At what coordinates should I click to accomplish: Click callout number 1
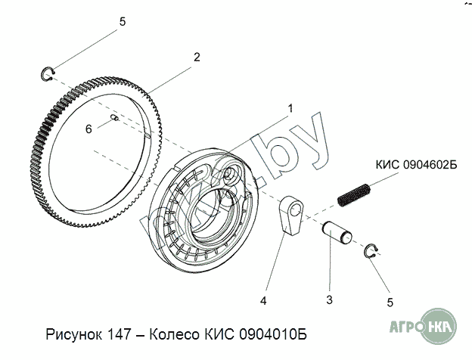290,108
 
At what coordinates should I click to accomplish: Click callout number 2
197,57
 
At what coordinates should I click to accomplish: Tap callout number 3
329,299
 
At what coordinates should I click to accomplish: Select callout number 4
263,300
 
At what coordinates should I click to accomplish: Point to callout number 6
88,129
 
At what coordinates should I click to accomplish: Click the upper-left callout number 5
123,22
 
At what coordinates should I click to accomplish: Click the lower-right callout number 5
390,303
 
